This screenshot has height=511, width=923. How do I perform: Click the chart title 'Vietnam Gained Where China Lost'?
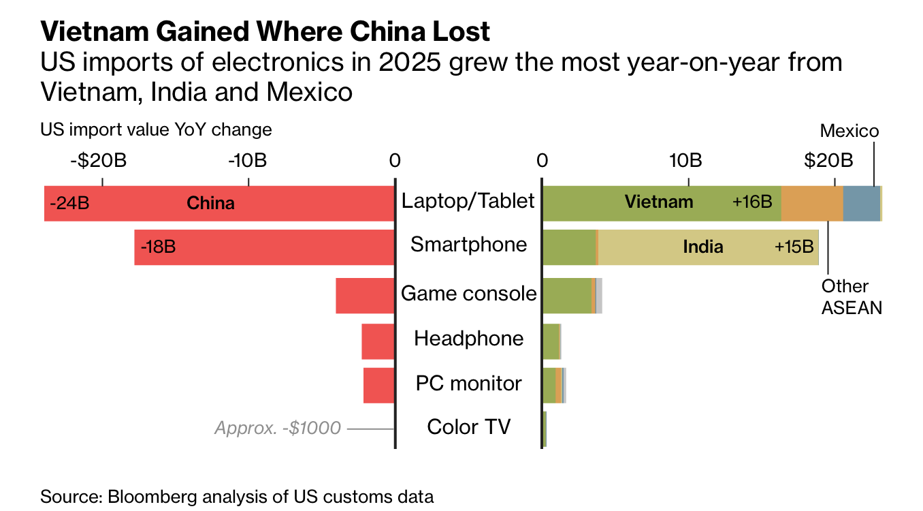[x=265, y=31]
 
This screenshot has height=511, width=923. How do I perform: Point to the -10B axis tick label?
[x=248, y=161]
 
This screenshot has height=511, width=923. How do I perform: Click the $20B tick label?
[x=828, y=161]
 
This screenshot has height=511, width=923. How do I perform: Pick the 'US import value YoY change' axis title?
[x=156, y=129]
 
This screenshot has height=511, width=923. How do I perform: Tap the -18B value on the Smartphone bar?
[x=158, y=247]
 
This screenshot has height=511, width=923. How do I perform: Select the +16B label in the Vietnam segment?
[x=751, y=202]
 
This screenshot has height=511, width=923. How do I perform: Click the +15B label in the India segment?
[x=794, y=247]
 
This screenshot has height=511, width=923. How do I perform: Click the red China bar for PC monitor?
[x=379, y=385]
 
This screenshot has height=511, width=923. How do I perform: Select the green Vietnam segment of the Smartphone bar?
[x=569, y=247]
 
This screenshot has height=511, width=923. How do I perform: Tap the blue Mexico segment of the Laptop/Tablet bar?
[x=861, y=202]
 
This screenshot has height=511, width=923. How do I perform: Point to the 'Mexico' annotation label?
[x=849, y=131]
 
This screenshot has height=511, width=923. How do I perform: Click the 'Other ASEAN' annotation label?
[x=851, y=296]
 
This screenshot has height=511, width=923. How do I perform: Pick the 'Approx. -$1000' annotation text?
[x=278, y=428]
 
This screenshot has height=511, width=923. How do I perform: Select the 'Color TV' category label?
[x=468, y=427]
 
